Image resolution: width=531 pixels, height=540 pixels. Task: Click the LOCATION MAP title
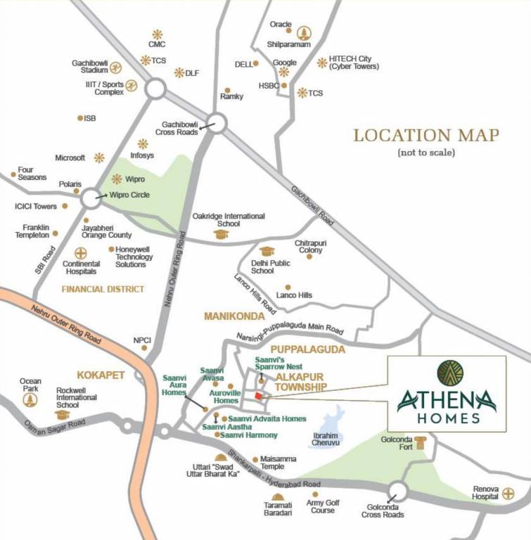(x=426, y=135)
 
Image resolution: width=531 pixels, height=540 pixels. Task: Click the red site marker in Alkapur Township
(x=258, y=397)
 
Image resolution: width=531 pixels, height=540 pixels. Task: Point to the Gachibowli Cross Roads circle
(x=217, y=124)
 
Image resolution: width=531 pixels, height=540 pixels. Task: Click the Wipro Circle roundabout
(x=91, y=198)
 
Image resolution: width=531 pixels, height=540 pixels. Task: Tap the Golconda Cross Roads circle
(x=398, y=491)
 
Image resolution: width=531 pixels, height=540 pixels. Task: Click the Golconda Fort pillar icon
(x=421, y=442)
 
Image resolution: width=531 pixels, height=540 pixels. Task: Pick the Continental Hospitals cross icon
(x=79, y=252)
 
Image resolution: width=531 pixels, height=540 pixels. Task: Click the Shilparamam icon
(x=304, y=32)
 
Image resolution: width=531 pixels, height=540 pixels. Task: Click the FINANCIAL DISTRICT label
(x=103, y=289)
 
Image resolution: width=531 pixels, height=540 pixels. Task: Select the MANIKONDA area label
(x=233, y=316)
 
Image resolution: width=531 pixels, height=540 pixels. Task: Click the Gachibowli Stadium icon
(x=116, y=67)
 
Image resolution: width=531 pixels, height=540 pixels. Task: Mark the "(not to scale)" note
(x=426, y=153)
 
